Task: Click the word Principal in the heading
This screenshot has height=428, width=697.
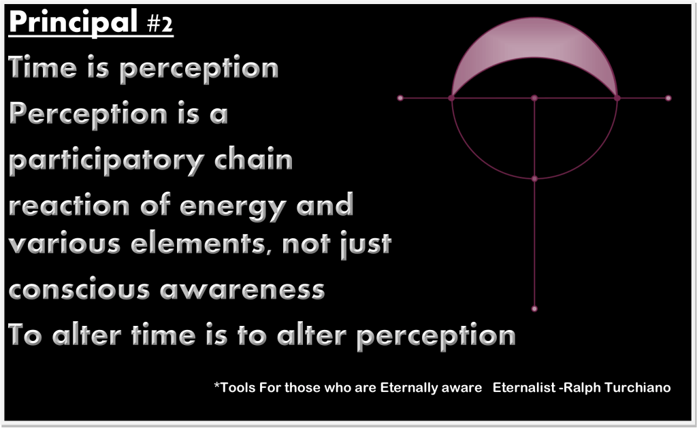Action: point(72,23)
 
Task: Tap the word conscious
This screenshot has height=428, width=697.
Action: point(78,289)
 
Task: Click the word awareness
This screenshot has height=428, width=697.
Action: point(242,289)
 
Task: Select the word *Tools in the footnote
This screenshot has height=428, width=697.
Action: point(232,388)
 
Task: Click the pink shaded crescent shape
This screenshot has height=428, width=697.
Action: point(534,48)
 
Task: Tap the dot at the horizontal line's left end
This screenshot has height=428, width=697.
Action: point(400,98)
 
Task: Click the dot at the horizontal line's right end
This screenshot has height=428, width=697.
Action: point(668,98)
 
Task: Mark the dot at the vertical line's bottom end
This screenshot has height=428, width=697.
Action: point(534,309)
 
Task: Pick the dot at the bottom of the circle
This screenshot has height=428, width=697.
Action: point(534,179)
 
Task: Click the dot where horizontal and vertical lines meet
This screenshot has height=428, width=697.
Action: point(534,98)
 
